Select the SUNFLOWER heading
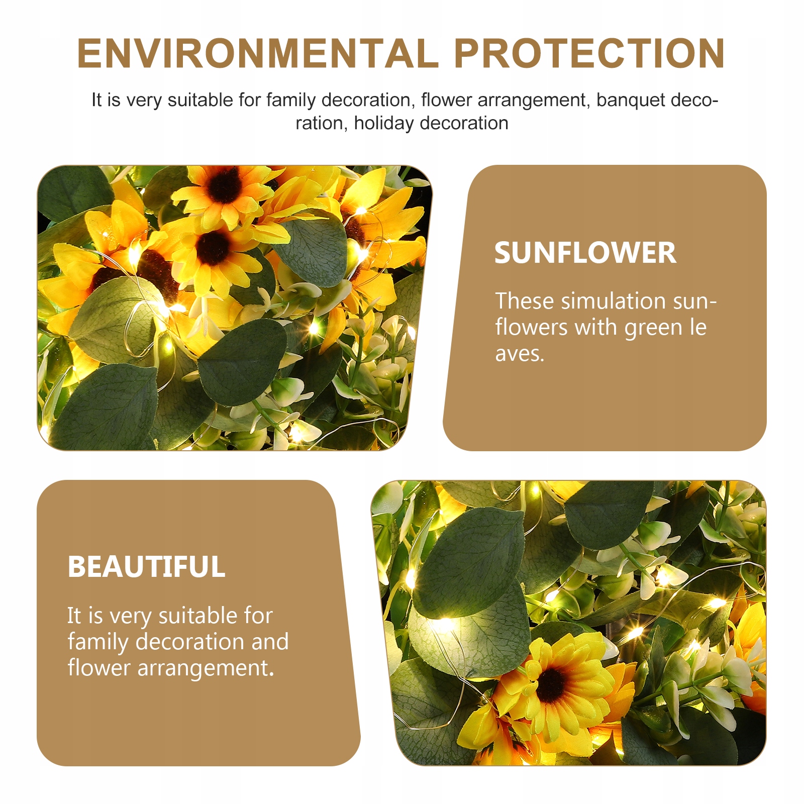(x=585, y=253)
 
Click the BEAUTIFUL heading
(x=147, y=567)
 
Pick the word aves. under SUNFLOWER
(x=520, y=354)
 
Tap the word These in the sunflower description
(x=525, y=301)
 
